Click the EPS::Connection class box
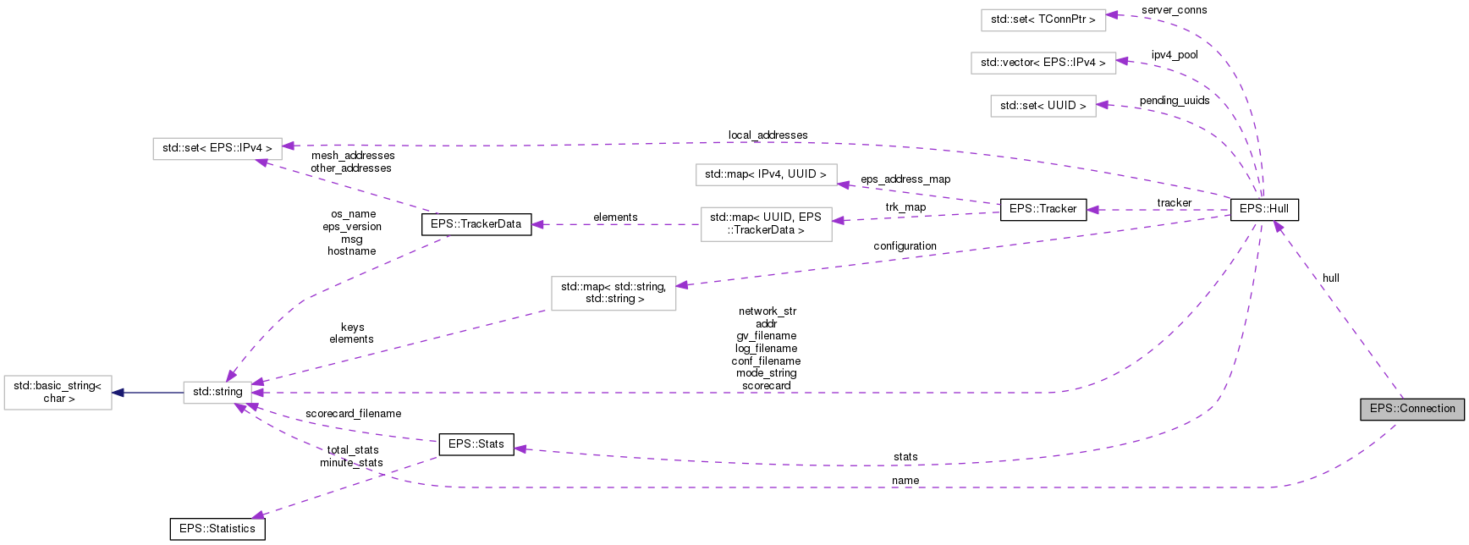[x=1412, y=409]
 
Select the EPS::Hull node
[x=1263, y=209]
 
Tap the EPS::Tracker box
[x=1043, y=209]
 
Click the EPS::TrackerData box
[x=476, y=224]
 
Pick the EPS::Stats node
[x=476, y=444]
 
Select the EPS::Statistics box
[x=217, y=529]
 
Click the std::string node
[x=217, y=392]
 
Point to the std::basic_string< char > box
[x=58, y=392]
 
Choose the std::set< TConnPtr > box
[x=1043, y=19]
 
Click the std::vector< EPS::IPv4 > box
[x=1043, y=63]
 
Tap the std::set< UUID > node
[x=1043, y=106]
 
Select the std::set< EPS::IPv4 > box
[x=217, y=148]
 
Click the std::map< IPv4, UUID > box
[x=765, y=174]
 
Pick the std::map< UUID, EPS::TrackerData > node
[x=765, y=224]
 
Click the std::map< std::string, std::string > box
[x=613, y=293]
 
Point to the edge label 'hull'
[x=1330, y=278]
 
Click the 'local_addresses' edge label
[x=768, y=135]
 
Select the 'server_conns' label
[x=1174, y=10]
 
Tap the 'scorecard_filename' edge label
[x=353, y=414]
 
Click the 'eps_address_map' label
[x=905, y=179]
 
